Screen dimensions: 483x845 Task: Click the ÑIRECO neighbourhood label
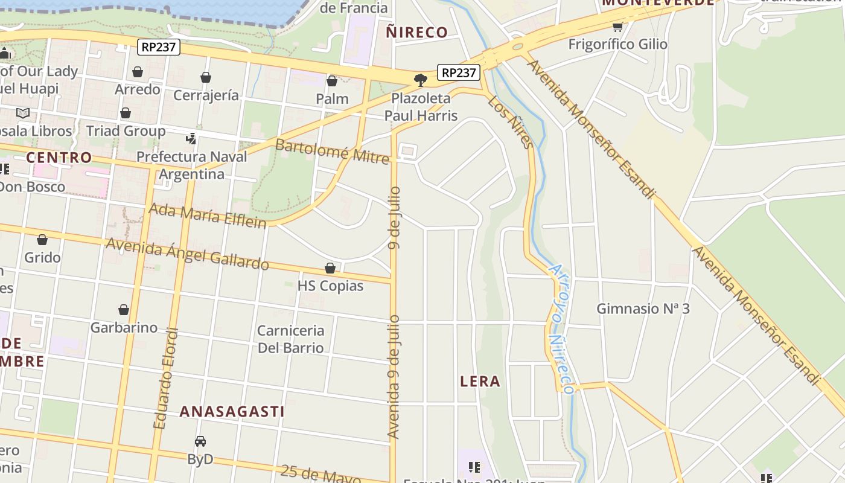point(416,33)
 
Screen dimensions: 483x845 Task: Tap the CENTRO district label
point(59,158)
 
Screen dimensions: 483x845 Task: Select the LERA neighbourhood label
point(480,382)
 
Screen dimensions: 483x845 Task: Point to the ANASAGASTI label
point(232,412)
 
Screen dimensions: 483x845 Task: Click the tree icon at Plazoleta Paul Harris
point(420,80)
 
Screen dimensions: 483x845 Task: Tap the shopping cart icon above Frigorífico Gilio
point(617,27)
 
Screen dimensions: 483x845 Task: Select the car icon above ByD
point(200,441)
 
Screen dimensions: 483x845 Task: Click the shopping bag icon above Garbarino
point(124,310)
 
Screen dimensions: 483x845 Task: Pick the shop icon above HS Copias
point(330,268)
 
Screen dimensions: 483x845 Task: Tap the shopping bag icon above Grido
point(42,240)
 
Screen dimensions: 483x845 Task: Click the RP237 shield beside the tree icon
point(459,73)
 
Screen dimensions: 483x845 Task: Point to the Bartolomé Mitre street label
point(332,151)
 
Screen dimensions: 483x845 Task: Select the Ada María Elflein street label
point(207,216)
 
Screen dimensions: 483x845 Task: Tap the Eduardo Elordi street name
point(167,379)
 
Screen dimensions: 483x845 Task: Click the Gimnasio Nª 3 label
point(643,309)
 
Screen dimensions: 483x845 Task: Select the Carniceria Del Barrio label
point(290,339)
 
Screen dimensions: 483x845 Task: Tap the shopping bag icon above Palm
point(332,81)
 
